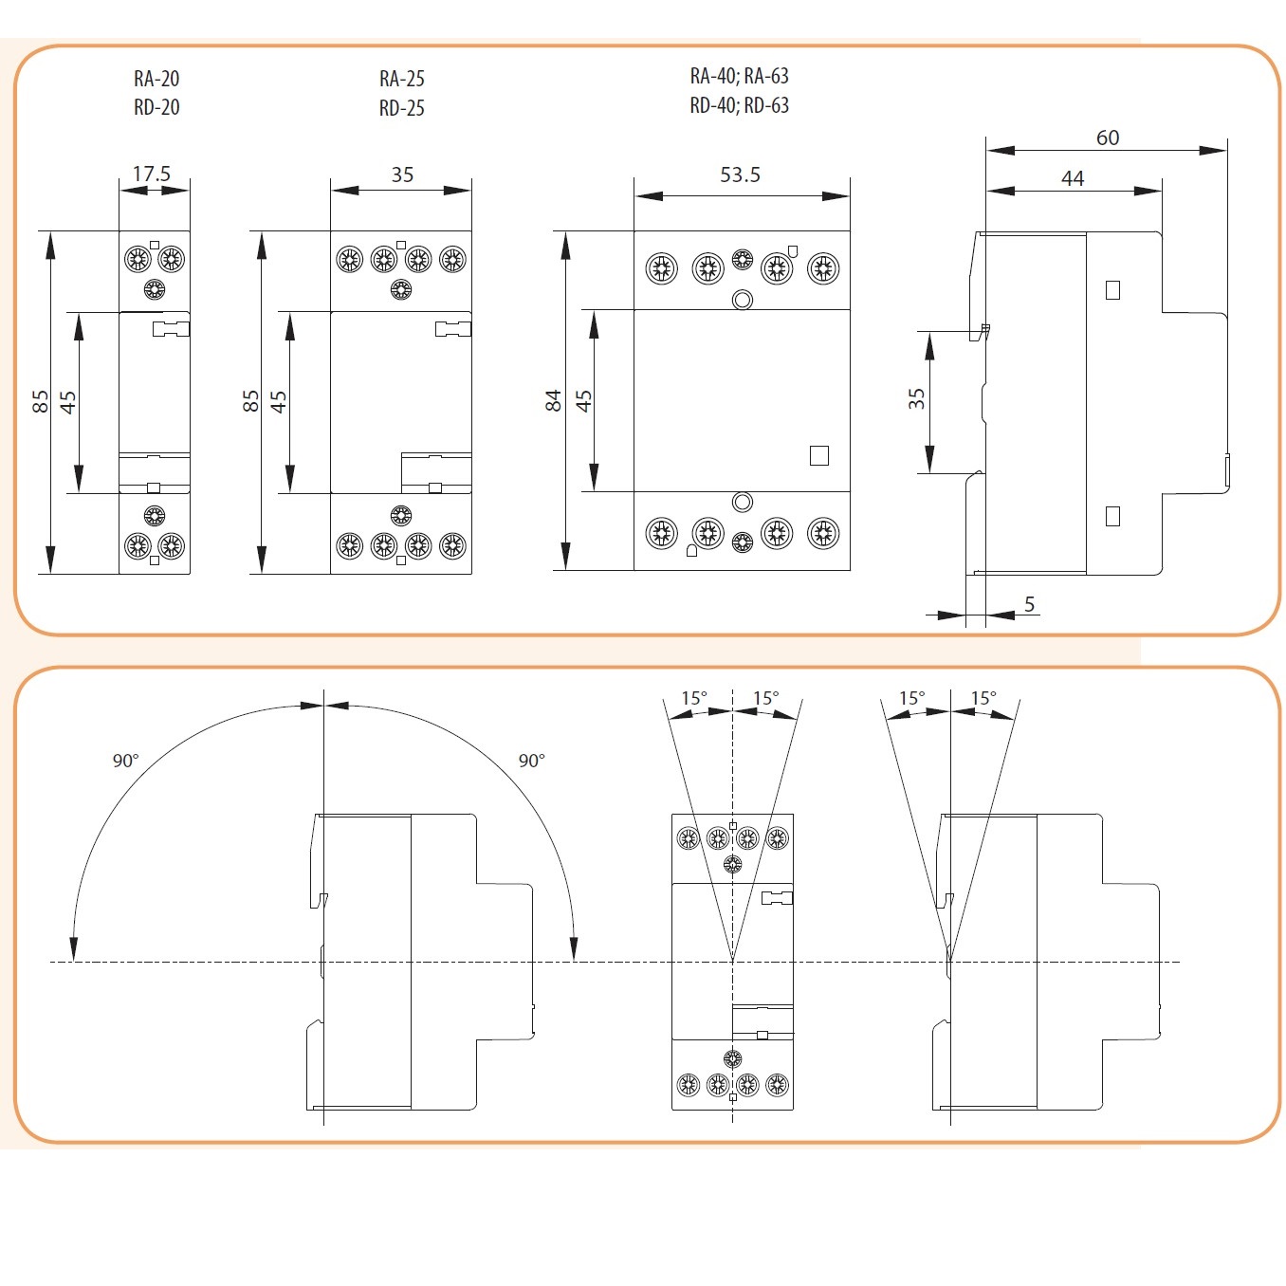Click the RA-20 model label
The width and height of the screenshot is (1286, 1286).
156,79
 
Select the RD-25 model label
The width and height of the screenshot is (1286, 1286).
401,108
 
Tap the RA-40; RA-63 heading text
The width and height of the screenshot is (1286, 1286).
739,76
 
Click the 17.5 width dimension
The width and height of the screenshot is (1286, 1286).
152,174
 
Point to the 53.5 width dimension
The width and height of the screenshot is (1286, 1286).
740,175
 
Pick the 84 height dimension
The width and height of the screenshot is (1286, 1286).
553,400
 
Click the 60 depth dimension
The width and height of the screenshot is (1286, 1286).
1107,138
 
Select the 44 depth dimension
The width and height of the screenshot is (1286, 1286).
1072,178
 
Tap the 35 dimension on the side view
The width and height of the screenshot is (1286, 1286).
916,398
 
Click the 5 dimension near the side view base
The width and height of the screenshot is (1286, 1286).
1029,604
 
